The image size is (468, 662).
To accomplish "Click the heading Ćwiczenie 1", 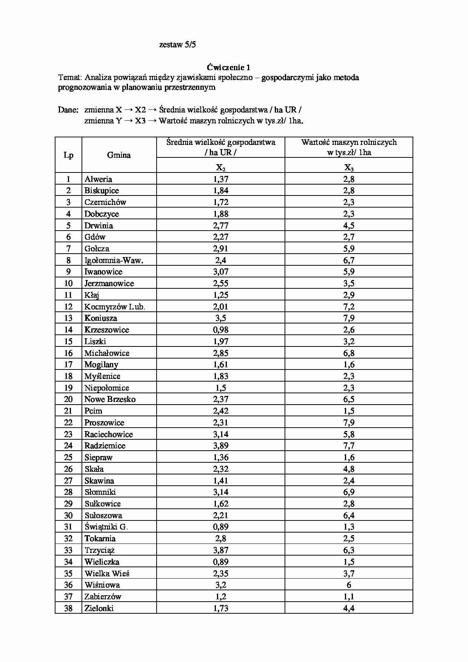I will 228,68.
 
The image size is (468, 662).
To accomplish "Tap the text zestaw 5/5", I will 177,45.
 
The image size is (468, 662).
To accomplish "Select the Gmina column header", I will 119,155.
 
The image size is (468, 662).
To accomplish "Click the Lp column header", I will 68,155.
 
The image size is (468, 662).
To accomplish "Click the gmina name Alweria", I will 98,179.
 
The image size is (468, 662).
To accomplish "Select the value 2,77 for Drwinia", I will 221,226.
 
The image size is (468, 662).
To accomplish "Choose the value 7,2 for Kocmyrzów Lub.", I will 349,307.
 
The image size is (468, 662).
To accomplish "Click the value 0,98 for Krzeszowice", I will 221,330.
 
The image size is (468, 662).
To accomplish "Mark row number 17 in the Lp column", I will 68,365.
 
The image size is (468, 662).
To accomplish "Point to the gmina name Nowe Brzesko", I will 110,399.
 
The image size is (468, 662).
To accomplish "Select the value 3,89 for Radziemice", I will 221,446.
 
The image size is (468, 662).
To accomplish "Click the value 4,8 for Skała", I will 349,469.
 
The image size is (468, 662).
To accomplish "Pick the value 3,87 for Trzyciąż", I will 221,550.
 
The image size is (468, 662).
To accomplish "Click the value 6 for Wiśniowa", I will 349,585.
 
